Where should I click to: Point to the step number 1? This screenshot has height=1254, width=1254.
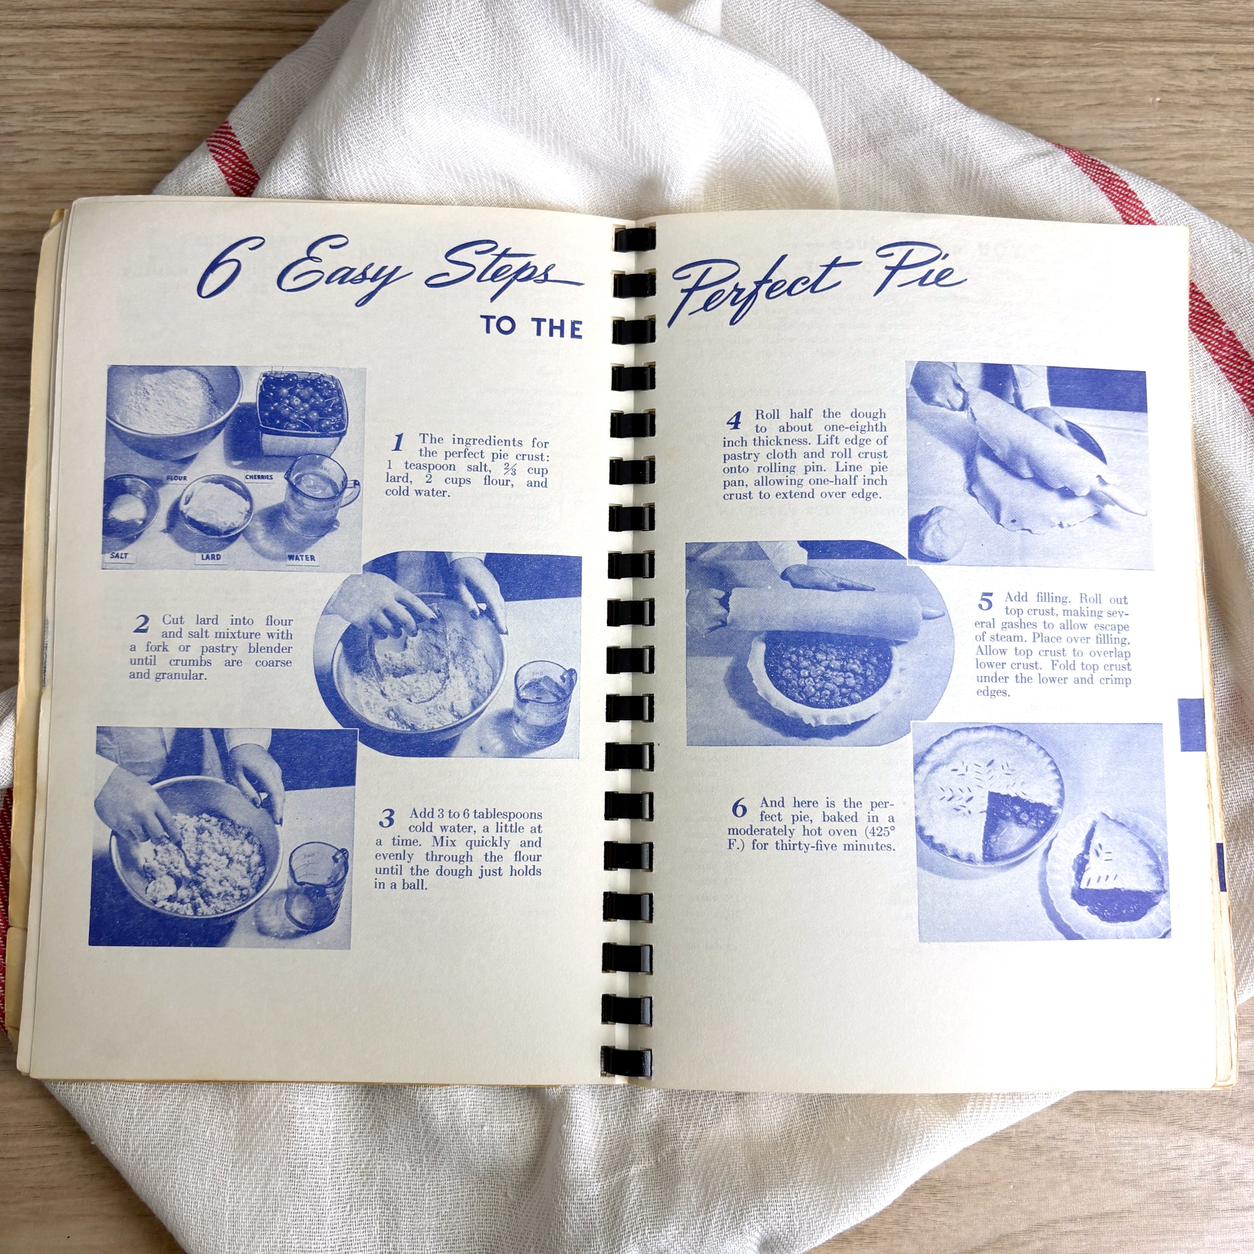pos(398,443)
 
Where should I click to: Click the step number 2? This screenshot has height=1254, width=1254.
pos(141,624)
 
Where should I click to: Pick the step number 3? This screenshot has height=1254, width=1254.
pos(387,818)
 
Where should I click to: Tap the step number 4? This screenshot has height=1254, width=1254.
pos(734,421)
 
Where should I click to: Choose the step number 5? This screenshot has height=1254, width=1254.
pos(985,602)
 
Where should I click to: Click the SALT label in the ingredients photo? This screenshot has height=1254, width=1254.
pos(119,556)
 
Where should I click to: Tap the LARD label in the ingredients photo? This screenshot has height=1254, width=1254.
pos(210,557)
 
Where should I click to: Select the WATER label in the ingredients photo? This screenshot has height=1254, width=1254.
pos(301,557)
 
